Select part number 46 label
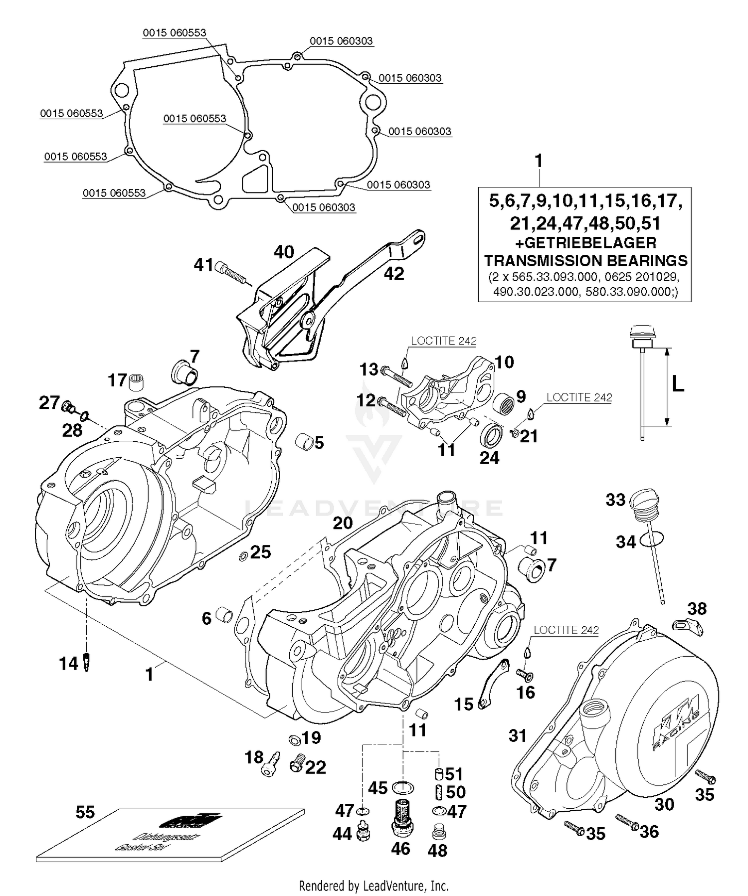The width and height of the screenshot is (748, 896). tap(400, 848)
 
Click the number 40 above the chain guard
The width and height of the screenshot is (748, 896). tap(284, 252)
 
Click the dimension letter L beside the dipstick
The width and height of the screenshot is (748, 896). tap(678, 384)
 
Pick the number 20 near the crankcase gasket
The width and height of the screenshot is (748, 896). tap(343, 523)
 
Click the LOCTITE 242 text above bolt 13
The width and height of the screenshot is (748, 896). tap(443, 341)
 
